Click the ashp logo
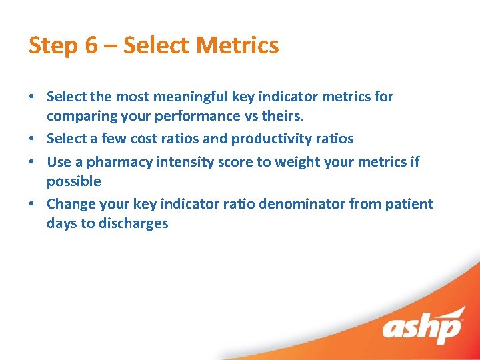[423, 328]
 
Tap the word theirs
[281, 116]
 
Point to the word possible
[73, 181]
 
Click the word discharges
[133, 223]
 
